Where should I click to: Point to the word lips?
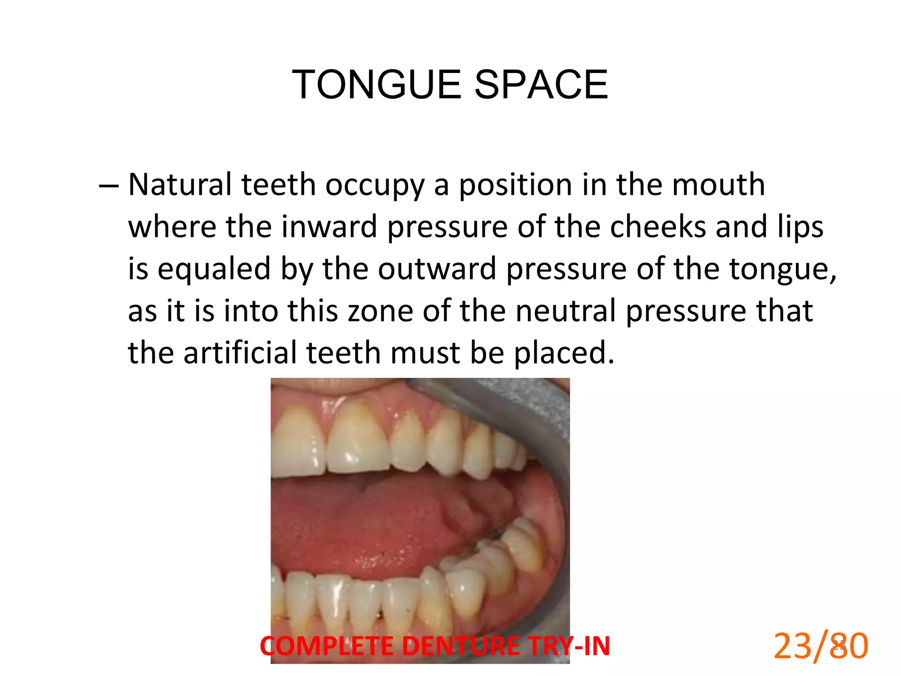[800, 227]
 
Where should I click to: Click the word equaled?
[214, 268]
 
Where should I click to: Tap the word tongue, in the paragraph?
[783, 269]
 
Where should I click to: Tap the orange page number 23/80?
[821, 646]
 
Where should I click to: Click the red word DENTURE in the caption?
[461, 646]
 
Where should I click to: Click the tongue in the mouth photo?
[374, 524]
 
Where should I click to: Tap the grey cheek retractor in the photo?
[528, 405]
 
